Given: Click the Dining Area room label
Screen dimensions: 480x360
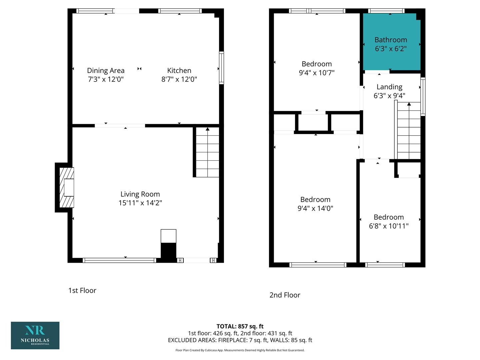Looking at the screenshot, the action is (x=106, y=71).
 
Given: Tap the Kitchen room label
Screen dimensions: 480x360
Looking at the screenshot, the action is (x=179, y=71).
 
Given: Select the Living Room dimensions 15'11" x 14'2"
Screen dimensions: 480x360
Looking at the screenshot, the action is (x=140, y=203).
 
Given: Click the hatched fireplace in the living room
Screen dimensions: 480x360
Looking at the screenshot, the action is (x=67, y=187).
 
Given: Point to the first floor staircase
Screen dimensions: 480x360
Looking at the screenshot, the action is (x=207, y=152).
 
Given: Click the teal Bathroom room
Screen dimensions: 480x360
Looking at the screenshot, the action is (x=391, y=42).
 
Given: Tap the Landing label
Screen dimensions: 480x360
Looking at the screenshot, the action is (x=389, y=87).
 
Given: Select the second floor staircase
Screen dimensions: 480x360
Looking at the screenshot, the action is (x=409, y=130).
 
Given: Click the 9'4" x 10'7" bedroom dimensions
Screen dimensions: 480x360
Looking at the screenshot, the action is (x=317, y=73).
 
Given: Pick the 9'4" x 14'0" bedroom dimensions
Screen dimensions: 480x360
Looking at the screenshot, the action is (x=315, y=208).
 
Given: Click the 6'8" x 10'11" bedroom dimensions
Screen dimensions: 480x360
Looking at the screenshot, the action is (x=389, y=226).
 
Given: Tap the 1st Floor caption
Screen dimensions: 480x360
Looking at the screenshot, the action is (x=82, y=290).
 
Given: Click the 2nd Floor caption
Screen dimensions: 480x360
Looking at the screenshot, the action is (x=285, y=295).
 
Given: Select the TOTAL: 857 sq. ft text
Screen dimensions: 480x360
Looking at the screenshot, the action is (x=240, y=326).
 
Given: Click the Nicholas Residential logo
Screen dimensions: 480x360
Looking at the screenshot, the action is (x=35, y=336).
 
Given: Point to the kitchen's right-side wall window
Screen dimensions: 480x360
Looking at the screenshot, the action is (x=222, y=68).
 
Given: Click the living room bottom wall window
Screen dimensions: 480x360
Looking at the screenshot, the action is (x=119, y=260).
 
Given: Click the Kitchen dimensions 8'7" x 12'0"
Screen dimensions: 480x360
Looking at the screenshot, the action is (x=179, y=79).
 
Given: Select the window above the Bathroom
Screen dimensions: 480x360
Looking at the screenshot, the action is (x=386, y=11).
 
